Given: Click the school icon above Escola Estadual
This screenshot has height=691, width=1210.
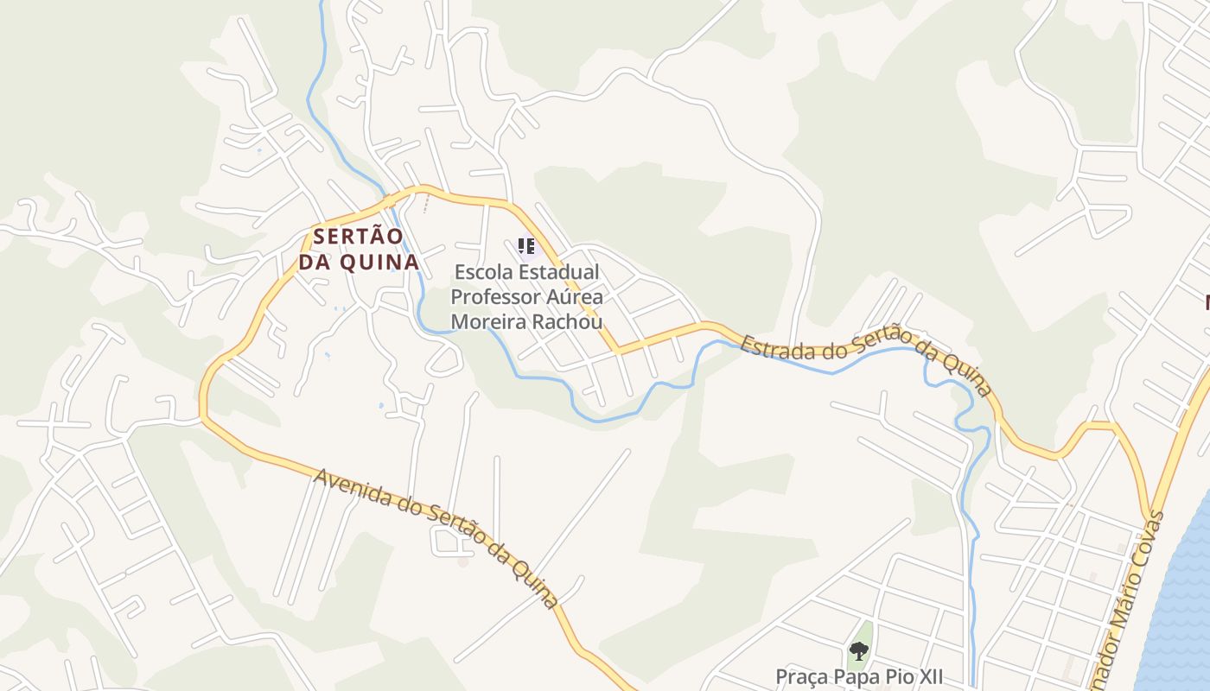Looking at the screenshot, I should tap(526, 247).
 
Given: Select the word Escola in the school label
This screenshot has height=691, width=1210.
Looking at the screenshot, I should tap(483, 272).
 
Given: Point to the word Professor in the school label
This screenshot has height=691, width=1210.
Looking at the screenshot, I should tap(496, 297).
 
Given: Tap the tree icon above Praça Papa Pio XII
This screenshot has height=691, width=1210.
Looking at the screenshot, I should tap(858, 651).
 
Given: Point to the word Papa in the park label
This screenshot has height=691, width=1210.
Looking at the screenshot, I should tap(851, 676).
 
